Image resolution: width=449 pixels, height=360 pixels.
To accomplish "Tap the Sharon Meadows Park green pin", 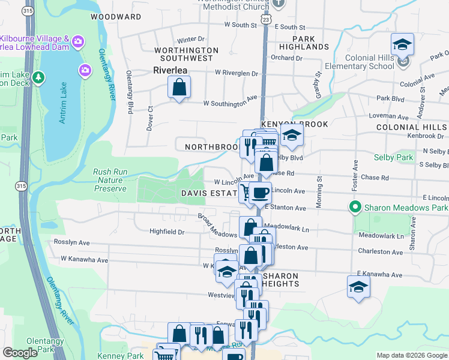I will (355, 208).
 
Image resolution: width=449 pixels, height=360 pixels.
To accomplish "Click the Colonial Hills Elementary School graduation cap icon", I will (402, 44).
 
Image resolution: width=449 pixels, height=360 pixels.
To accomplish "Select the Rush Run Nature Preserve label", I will (110, 180).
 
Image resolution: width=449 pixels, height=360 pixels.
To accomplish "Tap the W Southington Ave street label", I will (230, 103).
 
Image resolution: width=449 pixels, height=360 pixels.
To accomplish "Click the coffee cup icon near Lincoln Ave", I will (260, 193).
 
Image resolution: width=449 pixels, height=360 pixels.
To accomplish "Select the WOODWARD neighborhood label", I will (116, 17).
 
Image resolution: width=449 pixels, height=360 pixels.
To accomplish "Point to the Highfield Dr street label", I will (167, 231).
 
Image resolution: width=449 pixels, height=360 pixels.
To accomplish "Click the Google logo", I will (20, 353).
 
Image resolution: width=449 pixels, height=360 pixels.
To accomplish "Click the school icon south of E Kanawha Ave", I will (358, 287).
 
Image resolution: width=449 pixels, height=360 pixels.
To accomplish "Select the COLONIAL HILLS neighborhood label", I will (411, 128).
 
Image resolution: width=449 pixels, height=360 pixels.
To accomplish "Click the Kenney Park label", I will (127, 356).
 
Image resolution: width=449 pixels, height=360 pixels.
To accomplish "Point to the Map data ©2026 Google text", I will (412, 355).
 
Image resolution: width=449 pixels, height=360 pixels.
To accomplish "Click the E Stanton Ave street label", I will (285, 208).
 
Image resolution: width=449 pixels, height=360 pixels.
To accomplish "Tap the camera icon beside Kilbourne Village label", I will (77, 41).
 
